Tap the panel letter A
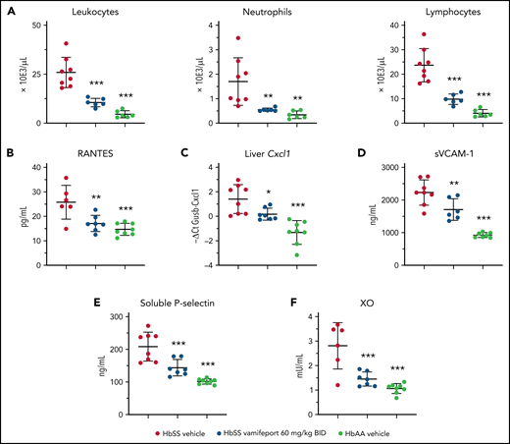[9, 11]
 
